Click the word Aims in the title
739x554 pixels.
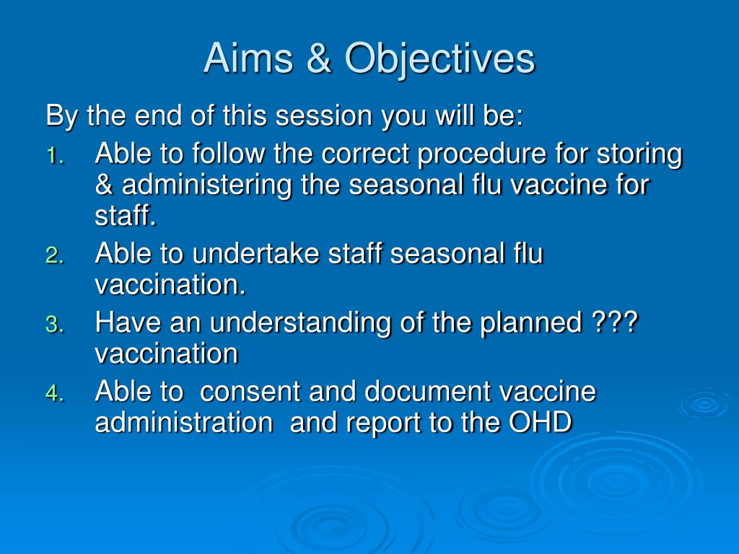coord(248,58)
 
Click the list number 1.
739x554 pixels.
coord(55,156)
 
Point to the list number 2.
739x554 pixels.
coord(55,256)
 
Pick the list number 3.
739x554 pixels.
coord(55,325)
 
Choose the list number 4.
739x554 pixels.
coord(55,393)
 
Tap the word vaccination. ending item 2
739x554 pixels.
coord(170,284)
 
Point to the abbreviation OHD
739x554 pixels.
coord(540,422)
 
